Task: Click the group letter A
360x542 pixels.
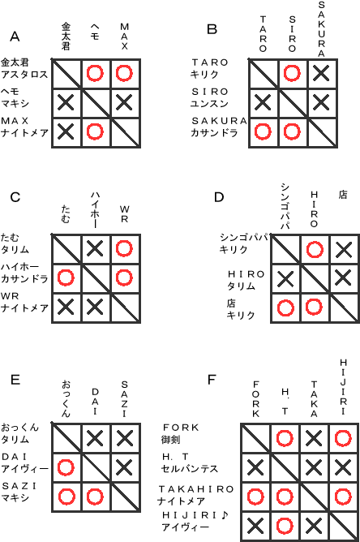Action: pos(15,37)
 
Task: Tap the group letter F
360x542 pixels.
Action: pos(212,380)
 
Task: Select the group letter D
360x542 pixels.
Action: pos(219,197)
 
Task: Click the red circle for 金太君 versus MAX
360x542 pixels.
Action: pos(124,73)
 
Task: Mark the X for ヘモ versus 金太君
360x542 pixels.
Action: pos(66,103)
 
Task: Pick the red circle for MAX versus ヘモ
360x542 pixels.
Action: pos(95,131)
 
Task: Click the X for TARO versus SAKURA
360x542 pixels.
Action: pos(321,73)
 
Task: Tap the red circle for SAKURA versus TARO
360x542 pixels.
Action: pos(263,131)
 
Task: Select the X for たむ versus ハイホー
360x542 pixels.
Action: pos(95,248)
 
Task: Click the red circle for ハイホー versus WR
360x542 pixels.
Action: pos(124,277)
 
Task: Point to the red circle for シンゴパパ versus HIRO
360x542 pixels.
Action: pos(315,250)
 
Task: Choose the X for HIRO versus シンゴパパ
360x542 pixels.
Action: pos(285,278)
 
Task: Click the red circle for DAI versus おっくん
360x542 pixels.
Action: pos(66,467)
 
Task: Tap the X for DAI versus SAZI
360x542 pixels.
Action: pos(124,467)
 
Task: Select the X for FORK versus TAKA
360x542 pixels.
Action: pos(314,438)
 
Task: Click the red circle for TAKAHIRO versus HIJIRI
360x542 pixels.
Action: pos(343,497)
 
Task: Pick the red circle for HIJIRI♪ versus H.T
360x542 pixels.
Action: pos(285,526)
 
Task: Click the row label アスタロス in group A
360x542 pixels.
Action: pos(24,75)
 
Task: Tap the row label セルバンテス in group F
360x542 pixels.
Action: pos(190,469)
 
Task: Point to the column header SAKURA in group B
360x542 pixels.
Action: pos(321,29)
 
